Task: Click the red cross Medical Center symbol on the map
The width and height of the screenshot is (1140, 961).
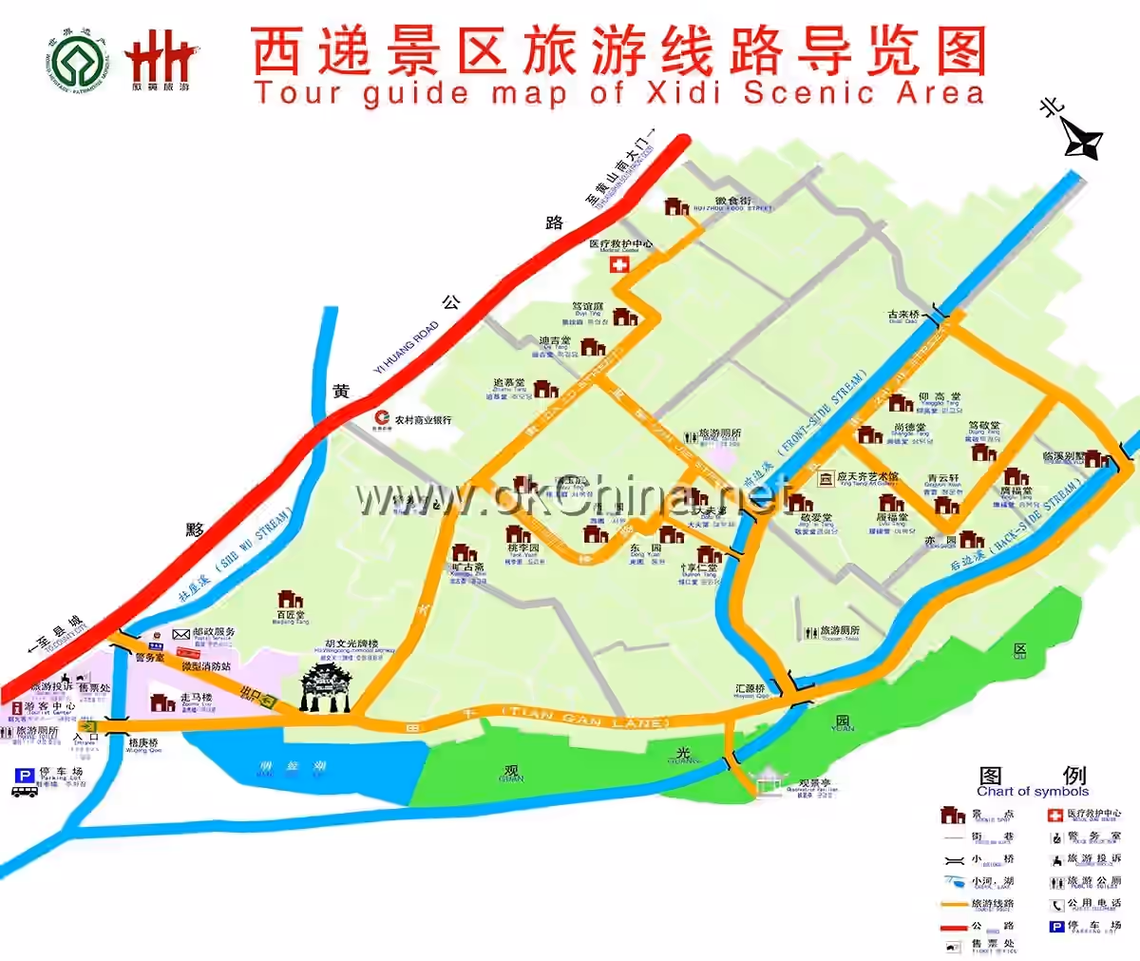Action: (619, 264)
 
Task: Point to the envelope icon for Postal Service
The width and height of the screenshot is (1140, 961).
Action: (180, 633)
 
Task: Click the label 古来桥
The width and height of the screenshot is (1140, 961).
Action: (903, 315)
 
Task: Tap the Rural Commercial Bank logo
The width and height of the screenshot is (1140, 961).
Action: (382, 418)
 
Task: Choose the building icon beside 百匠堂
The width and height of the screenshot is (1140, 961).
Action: (290, 600)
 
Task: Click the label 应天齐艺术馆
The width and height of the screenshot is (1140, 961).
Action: (867, 477)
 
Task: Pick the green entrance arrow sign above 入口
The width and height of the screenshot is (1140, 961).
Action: (87, 726)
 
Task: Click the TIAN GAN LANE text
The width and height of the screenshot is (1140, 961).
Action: (586, 716)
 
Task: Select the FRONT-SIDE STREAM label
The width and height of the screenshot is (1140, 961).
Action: (823, 412)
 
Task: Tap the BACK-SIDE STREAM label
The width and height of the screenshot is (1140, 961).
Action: (1037, 518)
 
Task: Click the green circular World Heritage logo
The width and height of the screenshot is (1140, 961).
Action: (79, 63)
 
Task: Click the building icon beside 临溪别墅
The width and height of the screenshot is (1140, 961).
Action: (1097, 460)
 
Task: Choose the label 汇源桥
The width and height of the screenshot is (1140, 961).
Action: (750, 689)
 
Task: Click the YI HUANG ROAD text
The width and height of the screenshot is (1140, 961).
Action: (408, 347)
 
